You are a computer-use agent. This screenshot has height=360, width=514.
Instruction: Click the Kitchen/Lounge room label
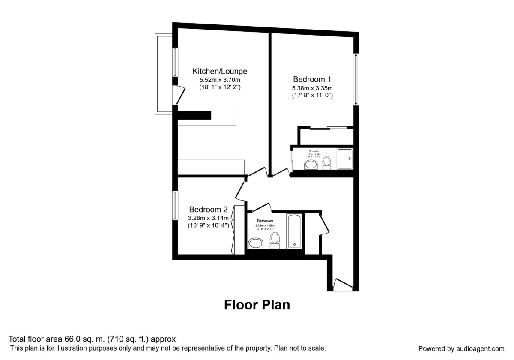pyautogui.click(x=220, y=71)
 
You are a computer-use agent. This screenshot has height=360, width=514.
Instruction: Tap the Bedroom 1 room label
pyautogui.click(x=312, y=79)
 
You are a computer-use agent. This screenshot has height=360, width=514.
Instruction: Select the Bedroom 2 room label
pyautogui.click(x=208, y=210)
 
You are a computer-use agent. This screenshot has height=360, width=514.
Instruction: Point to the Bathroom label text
pyautogui.click(x=265, y=221)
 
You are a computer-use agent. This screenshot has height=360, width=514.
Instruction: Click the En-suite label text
pyautogui.click(x=314, y=151)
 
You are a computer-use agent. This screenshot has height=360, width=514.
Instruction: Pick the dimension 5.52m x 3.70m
pyautogui.click(x=220, y=80)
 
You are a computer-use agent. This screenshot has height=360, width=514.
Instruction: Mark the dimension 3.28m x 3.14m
pyautogui.click(x=208, y=218)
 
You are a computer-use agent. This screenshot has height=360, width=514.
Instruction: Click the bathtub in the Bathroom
pyautogui.click(x=294, y=231)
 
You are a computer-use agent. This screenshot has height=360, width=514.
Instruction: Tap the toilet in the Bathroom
pyautogui.click(x=275, y=240)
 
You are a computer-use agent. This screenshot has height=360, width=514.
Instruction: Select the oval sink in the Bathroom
pyautogui.click(x=256, y=244)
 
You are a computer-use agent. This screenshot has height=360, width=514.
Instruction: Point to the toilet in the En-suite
pyautogui.click(x=327, y=162)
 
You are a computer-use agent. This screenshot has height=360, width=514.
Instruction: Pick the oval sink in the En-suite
pyautogui.click(x=311, y=165)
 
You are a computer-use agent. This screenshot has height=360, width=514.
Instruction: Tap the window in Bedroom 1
pyautogui.click(x=355, y=79)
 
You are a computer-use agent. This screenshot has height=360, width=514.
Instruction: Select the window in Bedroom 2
pyautogui.click(x=175, y=205)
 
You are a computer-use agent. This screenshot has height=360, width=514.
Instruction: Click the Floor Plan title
pyautogui.click(x=257, y=305)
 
